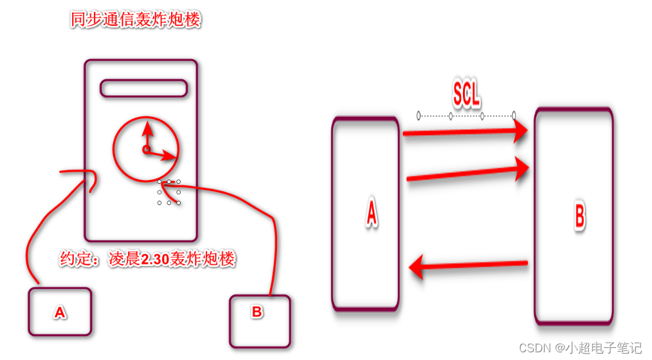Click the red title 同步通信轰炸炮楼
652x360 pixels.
pyautogui.click(x=136, y=20)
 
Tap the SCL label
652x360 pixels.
pyautogui.click(x=466, y=95)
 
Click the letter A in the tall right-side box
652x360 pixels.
pyautogui.click(x=371, y=213)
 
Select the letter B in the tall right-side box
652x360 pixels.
pyautogui.click(x=579, y=217)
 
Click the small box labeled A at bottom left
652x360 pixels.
pyautogui.click(x=60, y=312)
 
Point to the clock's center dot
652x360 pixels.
pyautogui.click(x=146, y=150)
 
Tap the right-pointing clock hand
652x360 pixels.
pyautogui.click(x=163, y=154)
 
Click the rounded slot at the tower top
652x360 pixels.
pyautogui.click(x=143, y=88)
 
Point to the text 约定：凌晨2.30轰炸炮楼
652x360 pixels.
pyautogui.click(x=147, y=260)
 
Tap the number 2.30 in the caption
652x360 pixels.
pyautogui.click(x=156, y=260)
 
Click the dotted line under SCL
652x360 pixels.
pyautogui.click(x=466, y=116)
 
